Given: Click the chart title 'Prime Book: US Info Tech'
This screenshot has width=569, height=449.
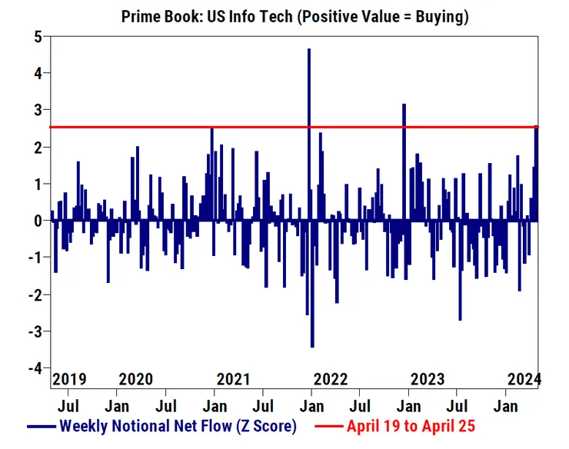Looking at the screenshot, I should click(208, 16).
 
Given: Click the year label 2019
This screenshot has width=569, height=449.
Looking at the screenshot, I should click(69, 380).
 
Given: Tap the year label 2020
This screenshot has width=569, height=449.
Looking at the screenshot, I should click(136, 380).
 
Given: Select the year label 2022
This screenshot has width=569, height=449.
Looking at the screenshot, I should click(331, 380).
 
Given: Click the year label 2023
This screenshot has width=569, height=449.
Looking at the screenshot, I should click(428, 380).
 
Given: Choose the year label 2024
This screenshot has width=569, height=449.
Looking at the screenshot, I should click(524, 380).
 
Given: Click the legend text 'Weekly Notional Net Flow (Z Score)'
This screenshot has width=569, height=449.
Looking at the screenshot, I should click(178, 425).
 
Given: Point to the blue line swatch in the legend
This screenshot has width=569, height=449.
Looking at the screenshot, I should click(42, 426).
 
